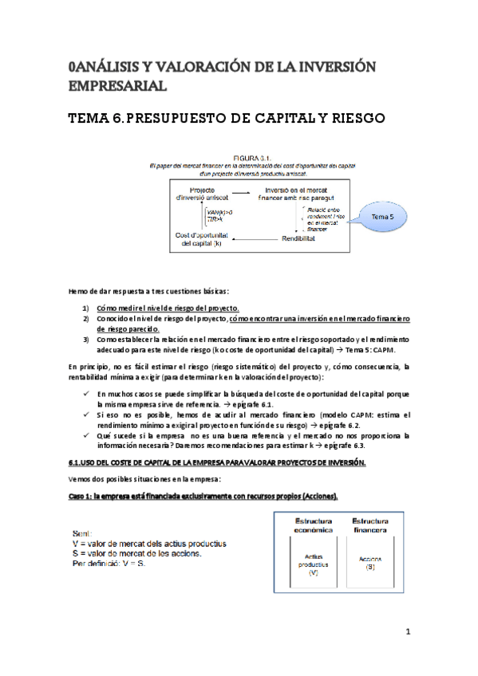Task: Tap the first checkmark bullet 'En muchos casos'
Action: (85, 395)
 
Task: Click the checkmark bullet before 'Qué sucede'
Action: (85, 436)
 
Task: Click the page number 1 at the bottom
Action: (407, 633)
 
